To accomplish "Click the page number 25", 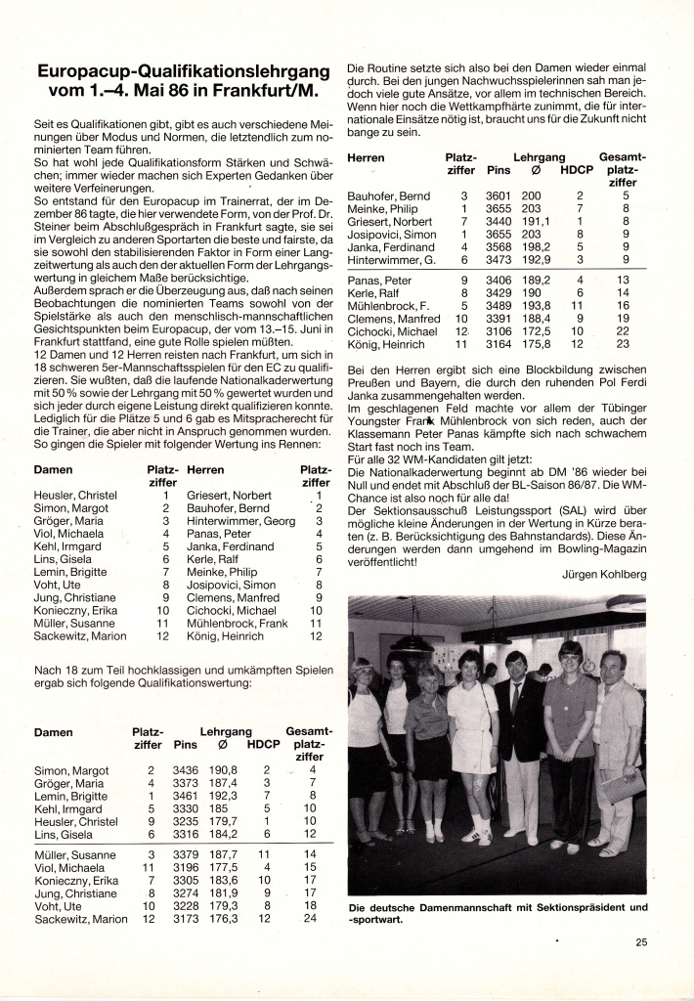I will coord(640,943).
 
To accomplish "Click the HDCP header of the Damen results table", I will coord(263,744).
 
